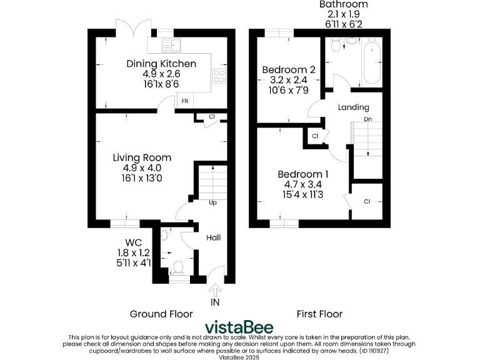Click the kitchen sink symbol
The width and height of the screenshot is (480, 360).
170,44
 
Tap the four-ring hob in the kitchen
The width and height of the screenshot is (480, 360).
220,76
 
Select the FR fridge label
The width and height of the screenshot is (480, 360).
184,101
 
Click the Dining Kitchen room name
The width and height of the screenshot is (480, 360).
161,64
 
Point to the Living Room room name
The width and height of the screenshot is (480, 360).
142,157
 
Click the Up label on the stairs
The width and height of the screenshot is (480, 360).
213,202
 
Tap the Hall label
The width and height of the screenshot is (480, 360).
213,237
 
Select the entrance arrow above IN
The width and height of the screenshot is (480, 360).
216,289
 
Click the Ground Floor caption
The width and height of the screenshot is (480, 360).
161,314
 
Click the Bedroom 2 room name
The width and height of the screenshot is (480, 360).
285,69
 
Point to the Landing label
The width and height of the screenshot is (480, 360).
353,107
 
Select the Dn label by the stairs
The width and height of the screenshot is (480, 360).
368,119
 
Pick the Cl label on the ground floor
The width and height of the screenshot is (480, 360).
212,117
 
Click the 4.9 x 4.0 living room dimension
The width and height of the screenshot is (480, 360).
142,168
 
